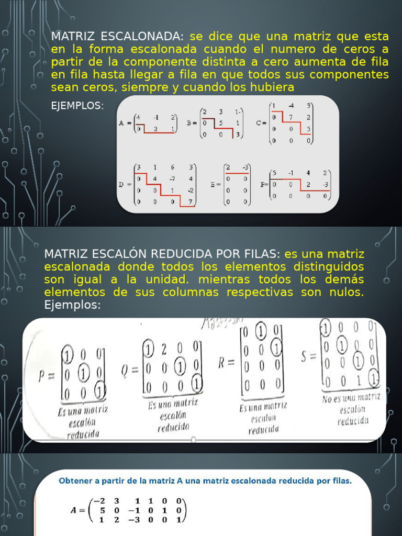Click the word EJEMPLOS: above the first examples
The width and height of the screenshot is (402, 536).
click(x=77, y=106)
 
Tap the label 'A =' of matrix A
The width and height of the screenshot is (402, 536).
click(x=124, y=124)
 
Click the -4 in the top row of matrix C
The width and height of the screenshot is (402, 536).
click(x=291, y=105)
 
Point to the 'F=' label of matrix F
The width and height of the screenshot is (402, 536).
click(x=264, y=184)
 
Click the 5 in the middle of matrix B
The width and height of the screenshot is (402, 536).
click(x=221, y=124)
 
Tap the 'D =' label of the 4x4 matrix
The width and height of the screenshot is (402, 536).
click(x=125, y=185)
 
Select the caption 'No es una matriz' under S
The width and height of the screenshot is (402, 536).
click(x=350, y=399)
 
